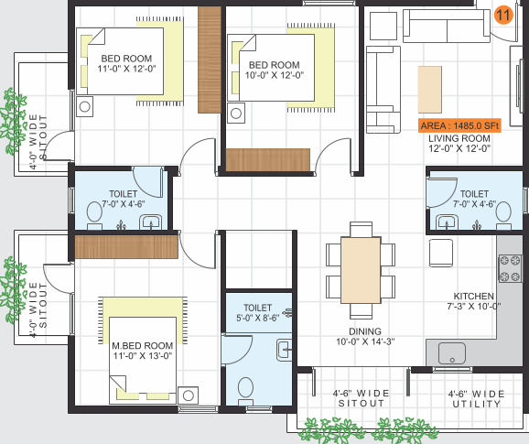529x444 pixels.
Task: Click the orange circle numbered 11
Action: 502,15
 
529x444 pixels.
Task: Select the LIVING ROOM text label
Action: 459,137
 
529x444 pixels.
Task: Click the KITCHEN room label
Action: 473,297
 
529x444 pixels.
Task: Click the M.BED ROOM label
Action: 142,345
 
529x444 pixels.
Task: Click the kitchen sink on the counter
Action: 453,352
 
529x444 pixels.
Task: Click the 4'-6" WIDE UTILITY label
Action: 476,399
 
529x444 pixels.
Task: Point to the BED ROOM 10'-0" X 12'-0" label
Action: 274,70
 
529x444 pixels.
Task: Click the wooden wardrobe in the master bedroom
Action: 127,246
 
